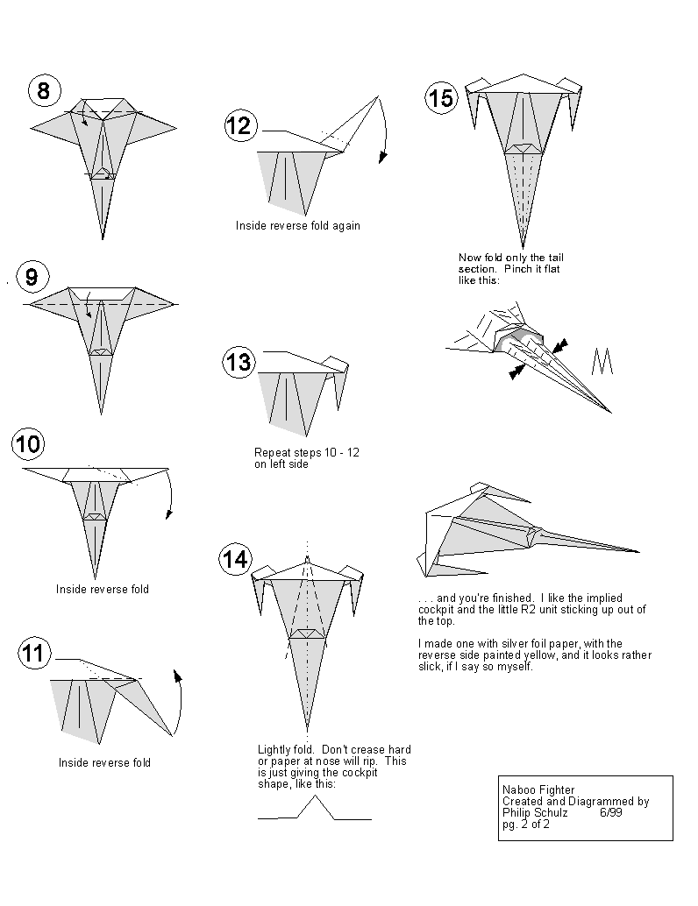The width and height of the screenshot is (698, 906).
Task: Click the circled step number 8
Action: [43, 89]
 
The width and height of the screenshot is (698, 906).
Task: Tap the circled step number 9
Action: [32, 278]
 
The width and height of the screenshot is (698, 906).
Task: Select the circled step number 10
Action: [28, 443]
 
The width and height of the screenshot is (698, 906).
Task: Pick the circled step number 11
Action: [34, 653]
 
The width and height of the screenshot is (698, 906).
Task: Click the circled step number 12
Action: [239, 125]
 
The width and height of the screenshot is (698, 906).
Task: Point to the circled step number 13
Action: [238, 362]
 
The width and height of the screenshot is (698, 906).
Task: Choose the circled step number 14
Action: [235, 558]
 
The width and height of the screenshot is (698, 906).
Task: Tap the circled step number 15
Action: [440, 98]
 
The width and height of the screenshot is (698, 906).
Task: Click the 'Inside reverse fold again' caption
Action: [297, 225]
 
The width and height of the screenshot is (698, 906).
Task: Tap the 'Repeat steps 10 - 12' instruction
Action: [306, 452]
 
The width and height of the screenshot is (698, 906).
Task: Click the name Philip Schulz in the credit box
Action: [534, 812]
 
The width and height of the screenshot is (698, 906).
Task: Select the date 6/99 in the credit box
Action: [610, 812]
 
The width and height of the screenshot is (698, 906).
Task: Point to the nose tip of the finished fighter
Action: [637, 551]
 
